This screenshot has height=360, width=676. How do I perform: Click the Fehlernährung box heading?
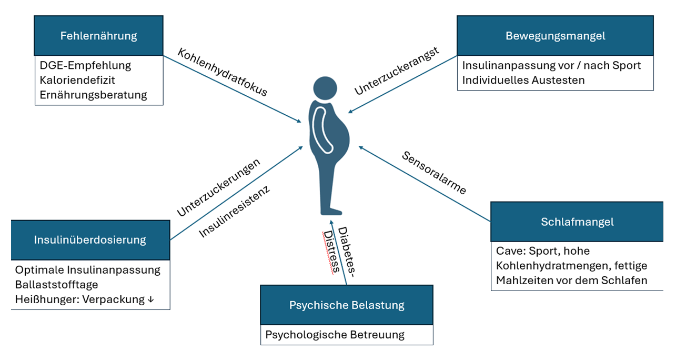(98, 36)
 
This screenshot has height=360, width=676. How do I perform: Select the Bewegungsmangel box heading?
(555, 36)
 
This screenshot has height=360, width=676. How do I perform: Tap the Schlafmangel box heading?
(577, 222)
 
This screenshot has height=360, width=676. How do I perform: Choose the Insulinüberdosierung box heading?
(90, 240)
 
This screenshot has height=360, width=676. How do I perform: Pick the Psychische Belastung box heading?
(347, 305)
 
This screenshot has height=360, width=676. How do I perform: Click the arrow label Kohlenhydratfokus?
(223, 73)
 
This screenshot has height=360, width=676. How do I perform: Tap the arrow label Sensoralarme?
(434, 173)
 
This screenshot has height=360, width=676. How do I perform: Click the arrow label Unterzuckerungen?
(218, 187)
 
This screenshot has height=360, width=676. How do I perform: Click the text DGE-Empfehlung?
(85, 66)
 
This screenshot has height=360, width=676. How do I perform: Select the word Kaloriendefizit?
(77, 81)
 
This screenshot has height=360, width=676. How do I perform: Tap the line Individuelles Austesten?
(523, 81)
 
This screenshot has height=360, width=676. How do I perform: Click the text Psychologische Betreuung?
(335, 335)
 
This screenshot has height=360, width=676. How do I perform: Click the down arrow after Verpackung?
(150, 300)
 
